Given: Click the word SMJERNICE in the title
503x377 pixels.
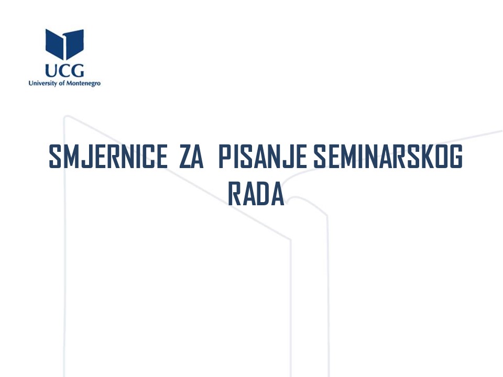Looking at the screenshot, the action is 108,157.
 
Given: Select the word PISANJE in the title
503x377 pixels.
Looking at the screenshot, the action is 262,157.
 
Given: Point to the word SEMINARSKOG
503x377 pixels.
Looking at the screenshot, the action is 388,157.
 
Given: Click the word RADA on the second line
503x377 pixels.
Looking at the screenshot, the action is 256,194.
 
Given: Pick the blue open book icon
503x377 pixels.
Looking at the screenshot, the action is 64,44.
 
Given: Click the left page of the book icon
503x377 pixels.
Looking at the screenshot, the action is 54,44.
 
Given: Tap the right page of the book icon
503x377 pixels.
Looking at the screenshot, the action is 74,44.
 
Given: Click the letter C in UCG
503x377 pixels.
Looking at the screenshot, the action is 64,71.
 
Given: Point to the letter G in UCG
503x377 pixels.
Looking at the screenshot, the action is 78,71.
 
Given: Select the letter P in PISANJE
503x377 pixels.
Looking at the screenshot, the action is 225,157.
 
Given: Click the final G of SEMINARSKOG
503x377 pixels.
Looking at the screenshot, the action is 456,157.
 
